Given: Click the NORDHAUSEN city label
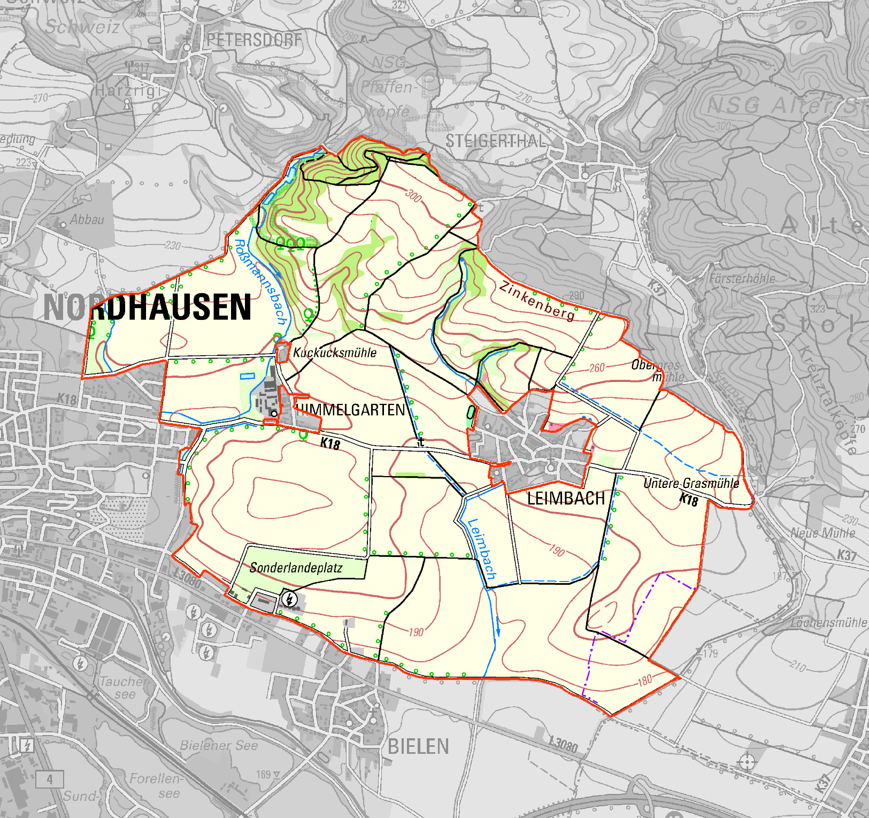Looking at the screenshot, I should [x=147, y=307].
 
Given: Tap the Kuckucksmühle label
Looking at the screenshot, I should [x=335, y=353].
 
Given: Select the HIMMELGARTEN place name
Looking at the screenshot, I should [x=350, y=410].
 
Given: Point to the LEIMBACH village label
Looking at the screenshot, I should [x=566, y=498].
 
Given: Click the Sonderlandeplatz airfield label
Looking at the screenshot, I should [x=296, y=568].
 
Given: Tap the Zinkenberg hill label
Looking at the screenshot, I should [x=537, y=301].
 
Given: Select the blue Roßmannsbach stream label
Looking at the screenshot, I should [x=260, y=282].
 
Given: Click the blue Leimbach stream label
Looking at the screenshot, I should [x=482, y=549].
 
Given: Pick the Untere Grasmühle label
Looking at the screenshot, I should [x=691, y=483].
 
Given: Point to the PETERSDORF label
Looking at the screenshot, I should [x=255, y=40].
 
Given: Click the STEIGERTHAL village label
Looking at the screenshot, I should [x=496, y=141].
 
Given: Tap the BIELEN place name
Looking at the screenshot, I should [x=418, y=746].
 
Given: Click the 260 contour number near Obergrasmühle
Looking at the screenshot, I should [x=597, y=368].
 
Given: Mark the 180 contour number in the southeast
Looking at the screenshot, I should [x=645, y=680].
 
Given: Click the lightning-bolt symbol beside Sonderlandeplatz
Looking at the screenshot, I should [x=289, y=598].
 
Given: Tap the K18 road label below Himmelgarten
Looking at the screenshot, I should [x=330, y=444].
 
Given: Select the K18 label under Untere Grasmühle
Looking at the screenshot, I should [x=689, y=500].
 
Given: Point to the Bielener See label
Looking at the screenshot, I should [x=219, y=745].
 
